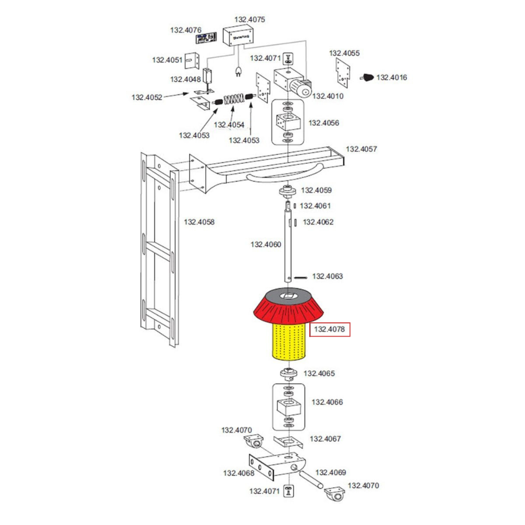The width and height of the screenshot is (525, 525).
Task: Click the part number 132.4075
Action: [x=250, y=20]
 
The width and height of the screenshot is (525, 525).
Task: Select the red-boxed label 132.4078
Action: [x=329, y=330]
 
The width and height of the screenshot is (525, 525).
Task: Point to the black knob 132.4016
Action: [x=368, y=78]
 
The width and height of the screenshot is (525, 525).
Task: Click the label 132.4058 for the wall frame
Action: [x=199, y=222]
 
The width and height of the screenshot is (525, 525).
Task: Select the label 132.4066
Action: [x=328, y=402]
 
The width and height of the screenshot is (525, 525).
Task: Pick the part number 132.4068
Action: [x=239, y=473]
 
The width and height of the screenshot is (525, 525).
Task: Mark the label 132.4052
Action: [x=147, y=97]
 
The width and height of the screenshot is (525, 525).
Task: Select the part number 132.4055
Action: [x=344, y=53]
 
